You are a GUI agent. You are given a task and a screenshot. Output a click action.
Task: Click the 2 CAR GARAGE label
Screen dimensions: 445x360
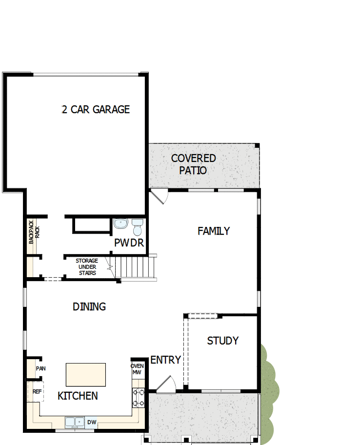(x=96, y=109)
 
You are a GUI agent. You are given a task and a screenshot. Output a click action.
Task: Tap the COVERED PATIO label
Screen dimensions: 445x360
(x=193, y=164)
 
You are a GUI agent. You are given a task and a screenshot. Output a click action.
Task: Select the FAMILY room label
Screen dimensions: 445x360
(x=213, y=231)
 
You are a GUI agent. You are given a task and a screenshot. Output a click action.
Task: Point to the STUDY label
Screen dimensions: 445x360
(x=222, y=341)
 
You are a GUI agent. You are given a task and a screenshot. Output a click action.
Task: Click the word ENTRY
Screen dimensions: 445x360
(x=165, y=360)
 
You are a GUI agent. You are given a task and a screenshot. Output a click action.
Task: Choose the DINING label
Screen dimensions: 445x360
(x=89, y=307)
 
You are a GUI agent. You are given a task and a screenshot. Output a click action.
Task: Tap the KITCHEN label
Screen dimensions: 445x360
(x=78, y=396)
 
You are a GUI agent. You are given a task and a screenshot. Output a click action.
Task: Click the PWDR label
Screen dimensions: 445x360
(x=128, y=243)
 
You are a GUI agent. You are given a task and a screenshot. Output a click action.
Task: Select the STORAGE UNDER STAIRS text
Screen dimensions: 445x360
(x=86, y=267)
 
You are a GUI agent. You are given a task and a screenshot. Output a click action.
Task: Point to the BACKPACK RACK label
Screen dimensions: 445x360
(x=34, y=232)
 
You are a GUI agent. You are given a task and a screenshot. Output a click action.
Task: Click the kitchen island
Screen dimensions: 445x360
(x=86, y=375)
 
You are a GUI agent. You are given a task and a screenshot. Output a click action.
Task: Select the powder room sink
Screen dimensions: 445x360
(x=120, y=224)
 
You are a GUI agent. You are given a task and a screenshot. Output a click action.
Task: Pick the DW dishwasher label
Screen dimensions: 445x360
(x=91, y=422)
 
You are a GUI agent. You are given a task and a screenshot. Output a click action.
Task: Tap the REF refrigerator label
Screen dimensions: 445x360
(x=37, y=391)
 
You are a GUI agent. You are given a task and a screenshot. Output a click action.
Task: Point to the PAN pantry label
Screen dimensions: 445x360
(x=40, y=368)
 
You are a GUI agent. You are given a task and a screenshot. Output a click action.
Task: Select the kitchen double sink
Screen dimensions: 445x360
(x=75, y=422)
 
